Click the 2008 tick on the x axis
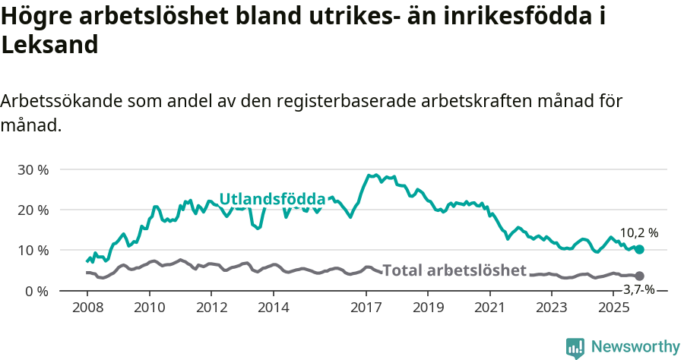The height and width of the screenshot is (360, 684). [x=87, y=308]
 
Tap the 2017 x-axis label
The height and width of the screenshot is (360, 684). [x=366, y=308]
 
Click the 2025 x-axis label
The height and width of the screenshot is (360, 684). [x=613, y=308]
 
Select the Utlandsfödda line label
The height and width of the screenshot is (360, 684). [x=272, y=199]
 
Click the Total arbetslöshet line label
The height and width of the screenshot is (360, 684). [x=454, y=270]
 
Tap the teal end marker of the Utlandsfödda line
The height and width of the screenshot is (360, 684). [x=639, y=249]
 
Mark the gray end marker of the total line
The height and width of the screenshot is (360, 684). [x=639, y=276]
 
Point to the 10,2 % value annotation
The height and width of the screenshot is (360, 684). [x=639, y=233]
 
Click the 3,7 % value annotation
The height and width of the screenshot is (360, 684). [x=639, y=289]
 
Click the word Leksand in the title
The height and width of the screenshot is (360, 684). [x=49, y=45]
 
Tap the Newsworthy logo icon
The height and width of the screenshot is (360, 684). [x=575, y=347]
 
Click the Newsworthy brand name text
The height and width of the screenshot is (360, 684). [x=635, y=347]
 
